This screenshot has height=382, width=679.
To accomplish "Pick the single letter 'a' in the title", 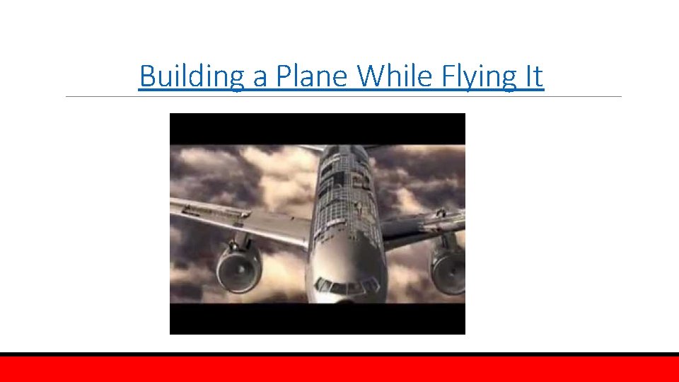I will pos(260,77).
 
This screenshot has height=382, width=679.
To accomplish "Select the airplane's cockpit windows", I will pos(347,286).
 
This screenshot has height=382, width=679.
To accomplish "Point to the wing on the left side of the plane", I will pos(233,216).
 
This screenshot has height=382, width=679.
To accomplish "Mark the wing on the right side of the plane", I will pos(424,225).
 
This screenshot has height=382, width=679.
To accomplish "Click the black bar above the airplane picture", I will pos(317,128).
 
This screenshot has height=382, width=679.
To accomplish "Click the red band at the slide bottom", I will pos(339,369).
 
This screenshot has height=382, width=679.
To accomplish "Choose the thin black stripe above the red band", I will pos(339,354).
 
